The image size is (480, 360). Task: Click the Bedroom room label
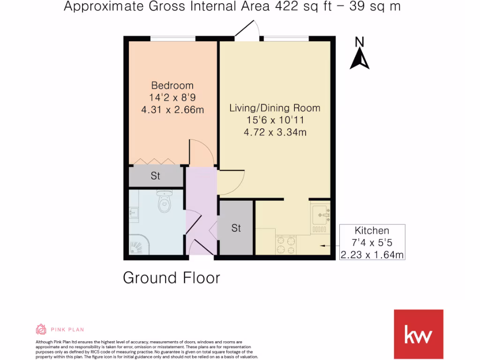172,86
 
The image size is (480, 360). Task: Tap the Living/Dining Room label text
275,108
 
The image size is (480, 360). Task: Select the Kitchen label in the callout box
372,231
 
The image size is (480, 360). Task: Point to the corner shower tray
140,244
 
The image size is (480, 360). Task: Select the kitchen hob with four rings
286,244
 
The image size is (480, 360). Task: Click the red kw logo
418,334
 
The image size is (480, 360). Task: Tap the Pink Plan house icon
41,329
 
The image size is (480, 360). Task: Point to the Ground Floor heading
171,277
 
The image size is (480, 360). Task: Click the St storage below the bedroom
156,176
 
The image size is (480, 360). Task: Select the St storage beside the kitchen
236,228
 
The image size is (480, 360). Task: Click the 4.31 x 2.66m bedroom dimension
172,110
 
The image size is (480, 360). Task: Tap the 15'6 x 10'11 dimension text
275,120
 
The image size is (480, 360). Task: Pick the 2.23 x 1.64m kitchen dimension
372,255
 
